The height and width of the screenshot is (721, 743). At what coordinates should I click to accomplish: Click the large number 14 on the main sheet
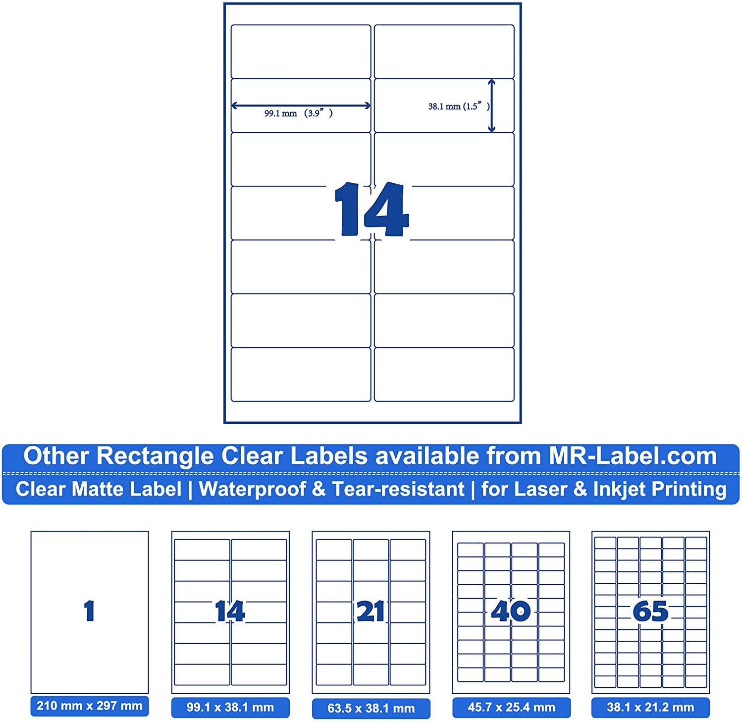click(x=371, y=209)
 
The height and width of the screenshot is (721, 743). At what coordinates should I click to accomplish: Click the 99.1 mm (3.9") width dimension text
click(x=298, y=113)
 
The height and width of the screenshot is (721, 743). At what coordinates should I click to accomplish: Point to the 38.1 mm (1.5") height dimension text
click(x=458, y=106)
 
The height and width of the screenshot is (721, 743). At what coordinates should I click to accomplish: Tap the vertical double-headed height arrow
click(x=491, y=106)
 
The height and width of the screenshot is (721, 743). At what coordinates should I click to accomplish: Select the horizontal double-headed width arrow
click(x=301, y=105)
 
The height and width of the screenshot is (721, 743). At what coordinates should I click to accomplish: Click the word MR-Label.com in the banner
click(x=633, y=456)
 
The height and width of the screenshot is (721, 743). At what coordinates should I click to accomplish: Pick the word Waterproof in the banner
click(x=252, y=489)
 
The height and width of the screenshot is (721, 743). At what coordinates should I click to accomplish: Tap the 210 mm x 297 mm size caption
click(x=89, y=706)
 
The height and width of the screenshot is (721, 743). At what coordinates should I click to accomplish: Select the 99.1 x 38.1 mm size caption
click(x=230, y=707)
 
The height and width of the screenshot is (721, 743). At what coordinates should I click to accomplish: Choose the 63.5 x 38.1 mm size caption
click(x=371, y=708)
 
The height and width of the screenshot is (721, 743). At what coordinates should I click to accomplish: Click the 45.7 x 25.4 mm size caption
click(x=511, y=707)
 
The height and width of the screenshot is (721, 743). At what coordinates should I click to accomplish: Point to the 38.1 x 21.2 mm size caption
click(x=650, y=707)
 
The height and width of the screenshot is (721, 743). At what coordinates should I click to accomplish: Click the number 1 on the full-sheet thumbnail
click(x=89, y=610)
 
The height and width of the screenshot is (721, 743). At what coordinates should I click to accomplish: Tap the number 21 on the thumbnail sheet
click(x=371, y=611)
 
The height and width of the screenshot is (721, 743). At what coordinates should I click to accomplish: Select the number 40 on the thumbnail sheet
click(x=511, y=610)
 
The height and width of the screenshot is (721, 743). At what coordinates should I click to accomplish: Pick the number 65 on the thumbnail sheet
click(x=650, y=611)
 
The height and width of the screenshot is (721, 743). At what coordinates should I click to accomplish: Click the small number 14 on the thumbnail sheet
click(x=230, y=610)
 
